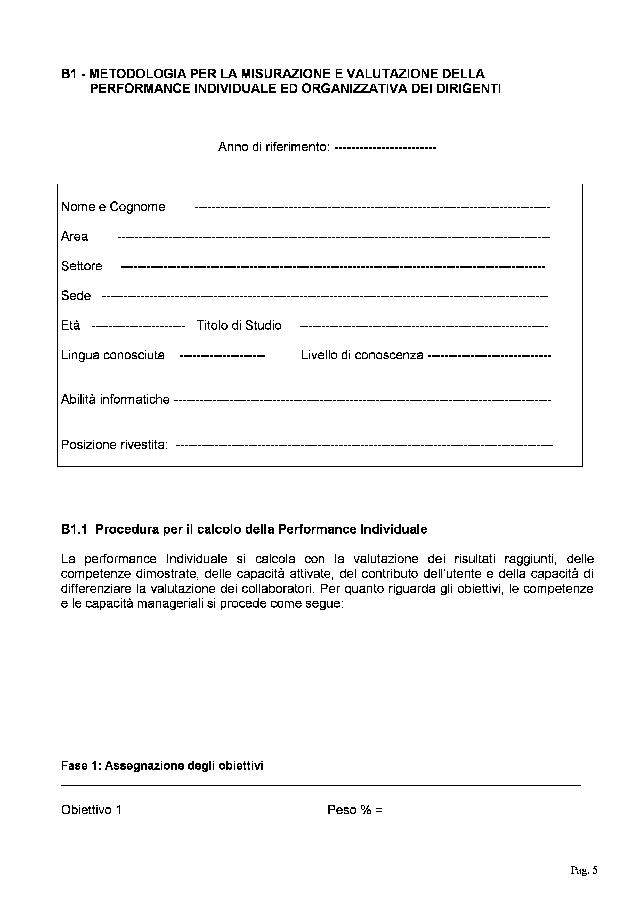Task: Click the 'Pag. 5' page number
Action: (584, 870)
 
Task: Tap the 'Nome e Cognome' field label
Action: (113, 207)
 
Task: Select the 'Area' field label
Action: (75, 237)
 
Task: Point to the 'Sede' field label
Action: (76, 296)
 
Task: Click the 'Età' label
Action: (70, 326)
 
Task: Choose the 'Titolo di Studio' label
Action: (239, 326)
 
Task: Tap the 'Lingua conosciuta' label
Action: (113, 355)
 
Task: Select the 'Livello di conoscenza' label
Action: (362, 355)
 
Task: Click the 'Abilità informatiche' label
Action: (115, 399)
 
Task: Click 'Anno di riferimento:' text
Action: (273, 147)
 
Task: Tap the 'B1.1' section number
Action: (74, 529)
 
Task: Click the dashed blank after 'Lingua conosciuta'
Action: (222, 355)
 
